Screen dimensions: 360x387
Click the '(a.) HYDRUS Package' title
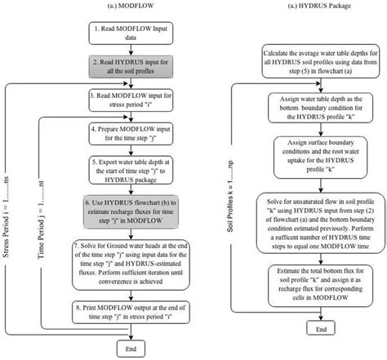tap(309, 8)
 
